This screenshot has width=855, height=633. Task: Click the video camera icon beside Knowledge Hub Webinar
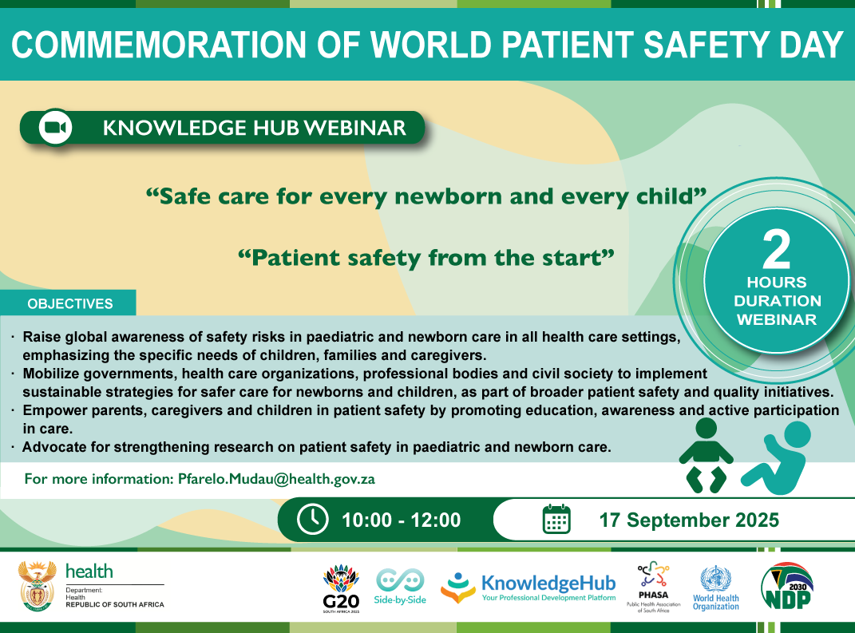(x=56, y=128)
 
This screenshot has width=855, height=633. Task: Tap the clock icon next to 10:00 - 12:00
(x=312, y=519)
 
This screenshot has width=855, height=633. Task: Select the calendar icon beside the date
(x=556, y=519)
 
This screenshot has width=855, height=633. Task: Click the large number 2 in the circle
(x=777, y=250)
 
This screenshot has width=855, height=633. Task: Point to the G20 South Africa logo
(x=342, y=588)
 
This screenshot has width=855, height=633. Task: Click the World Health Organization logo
(x=716, y=588)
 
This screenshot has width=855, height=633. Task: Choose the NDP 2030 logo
(x=787, y=586)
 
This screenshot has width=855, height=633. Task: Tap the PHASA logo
(x=653, y=588)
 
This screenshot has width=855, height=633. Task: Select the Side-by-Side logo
(x=400, y=587)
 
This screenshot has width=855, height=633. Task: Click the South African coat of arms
(x=37, y=586)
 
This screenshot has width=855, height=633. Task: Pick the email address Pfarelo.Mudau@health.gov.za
(x=276, y=479)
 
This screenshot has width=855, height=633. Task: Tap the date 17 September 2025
(x=689, y=520)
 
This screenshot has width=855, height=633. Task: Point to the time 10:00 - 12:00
(x=402, y=520)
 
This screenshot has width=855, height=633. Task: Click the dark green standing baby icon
(x=707, y=455)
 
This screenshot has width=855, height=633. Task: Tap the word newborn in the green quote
(x=448, y=196)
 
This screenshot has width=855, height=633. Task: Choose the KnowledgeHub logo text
(x=548, y=584)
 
